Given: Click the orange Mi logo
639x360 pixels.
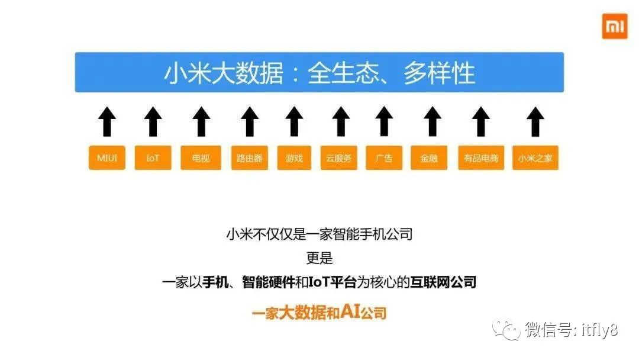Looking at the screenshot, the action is coord(614,27).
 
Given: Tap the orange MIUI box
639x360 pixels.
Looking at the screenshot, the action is coord(107,158).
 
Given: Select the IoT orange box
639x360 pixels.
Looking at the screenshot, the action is coord(153,158).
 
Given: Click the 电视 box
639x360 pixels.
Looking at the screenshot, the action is coord(201,158).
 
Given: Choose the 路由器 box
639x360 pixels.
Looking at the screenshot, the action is coord(248,158).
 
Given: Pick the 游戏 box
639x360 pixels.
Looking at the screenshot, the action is coord(294,158).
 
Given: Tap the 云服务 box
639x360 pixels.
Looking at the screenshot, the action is coord(338,158).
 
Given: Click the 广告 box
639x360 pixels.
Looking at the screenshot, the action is coord(384,158).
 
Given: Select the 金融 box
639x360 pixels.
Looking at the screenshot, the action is coord(429,158).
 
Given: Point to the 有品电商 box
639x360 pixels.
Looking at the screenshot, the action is coord(481,158).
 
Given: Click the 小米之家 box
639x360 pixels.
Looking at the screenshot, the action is coord(535,158).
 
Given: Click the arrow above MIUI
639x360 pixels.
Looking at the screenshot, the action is coord(107,121).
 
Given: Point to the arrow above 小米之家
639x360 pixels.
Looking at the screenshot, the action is coord(535,121).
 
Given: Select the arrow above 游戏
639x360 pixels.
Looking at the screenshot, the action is coord(294,121).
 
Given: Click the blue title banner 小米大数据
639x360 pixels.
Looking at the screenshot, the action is coord(319,72).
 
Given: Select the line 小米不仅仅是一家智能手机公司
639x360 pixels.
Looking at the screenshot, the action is coord(319,234).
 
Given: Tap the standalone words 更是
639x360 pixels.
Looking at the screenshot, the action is coord(319,258).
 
